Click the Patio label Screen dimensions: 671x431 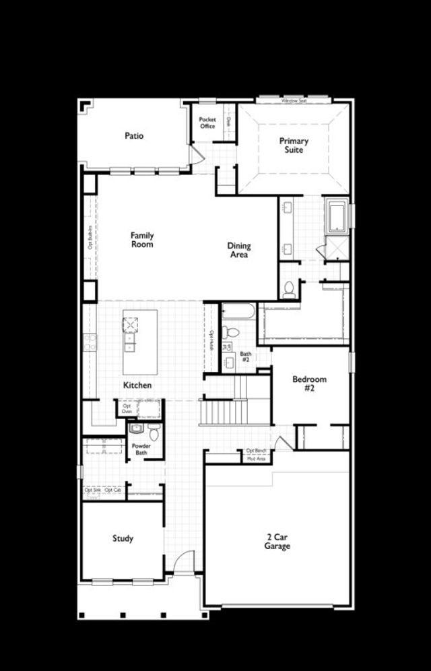point(134,135)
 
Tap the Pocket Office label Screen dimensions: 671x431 point(207,123)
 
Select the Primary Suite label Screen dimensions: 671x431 point(294,146)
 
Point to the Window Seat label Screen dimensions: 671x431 point(294,100)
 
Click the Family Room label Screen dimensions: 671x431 point(142,240)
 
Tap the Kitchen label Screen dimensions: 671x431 point(137,385)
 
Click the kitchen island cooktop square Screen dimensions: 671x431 point(130,324)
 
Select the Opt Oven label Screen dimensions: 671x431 point(127,408)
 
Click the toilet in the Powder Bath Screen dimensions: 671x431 point(154,433)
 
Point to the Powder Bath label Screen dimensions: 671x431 point(141,449)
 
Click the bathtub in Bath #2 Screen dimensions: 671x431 point(238,311)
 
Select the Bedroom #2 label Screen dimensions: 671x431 point(309,384)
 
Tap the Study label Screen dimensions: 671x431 point(123,538)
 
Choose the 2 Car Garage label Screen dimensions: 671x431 point(277,541)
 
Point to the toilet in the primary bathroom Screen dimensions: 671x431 point(289,290)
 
